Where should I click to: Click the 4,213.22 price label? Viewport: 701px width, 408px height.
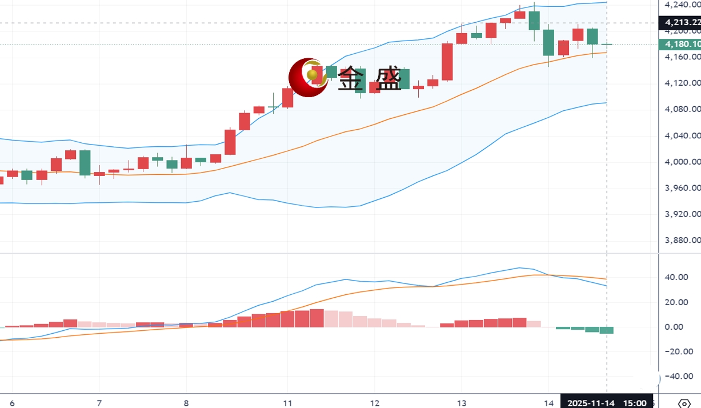(x=680, y=23)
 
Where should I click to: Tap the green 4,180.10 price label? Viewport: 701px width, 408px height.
(x=680, y=45)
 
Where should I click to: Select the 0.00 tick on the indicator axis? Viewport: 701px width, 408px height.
(x=675, y=327)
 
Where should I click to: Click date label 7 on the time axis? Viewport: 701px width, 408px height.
(x=99, y=403)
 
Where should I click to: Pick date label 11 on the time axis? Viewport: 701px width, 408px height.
(x=287, y=403)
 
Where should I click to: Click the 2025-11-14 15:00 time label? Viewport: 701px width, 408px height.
(x=606, y=403)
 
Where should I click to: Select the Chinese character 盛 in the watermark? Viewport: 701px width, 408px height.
(x=388, y=79)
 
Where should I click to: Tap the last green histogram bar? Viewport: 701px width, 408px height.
(x=606, y=330)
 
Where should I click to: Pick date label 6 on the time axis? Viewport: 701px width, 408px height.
(x=12, y=403)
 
